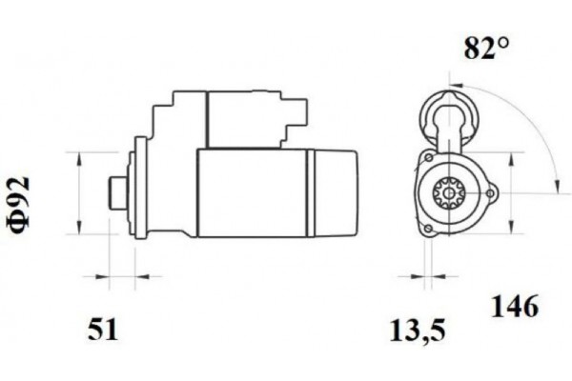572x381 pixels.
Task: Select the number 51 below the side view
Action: [x=102, y=331]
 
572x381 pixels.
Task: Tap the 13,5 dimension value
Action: [x=419, y=331]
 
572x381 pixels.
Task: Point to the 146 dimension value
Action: [x=515, y=307]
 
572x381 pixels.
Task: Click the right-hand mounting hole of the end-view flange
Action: [x=492, y=193]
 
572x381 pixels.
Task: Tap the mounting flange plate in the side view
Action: [x=139, y=189]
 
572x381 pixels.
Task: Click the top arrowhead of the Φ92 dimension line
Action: [x=77, y=155]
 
